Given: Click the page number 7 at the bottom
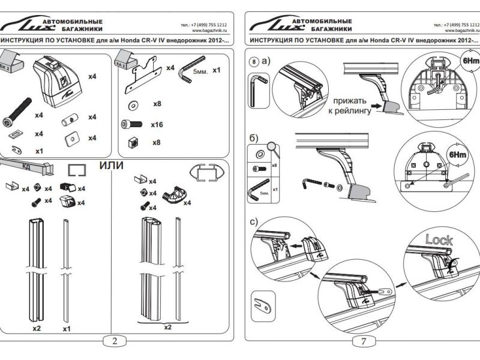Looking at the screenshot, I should coord(364,341).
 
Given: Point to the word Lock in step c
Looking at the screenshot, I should coord(439,240).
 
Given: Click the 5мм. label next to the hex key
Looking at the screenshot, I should coord(200,71).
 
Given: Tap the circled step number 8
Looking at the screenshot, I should coord(254,61).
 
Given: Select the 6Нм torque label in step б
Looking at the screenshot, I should coord(458,154).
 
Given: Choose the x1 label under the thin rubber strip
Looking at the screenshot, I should coord(66,329).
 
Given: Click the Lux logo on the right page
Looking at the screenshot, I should coord(270,25).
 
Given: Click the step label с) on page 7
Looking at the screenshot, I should coord(254,222).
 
